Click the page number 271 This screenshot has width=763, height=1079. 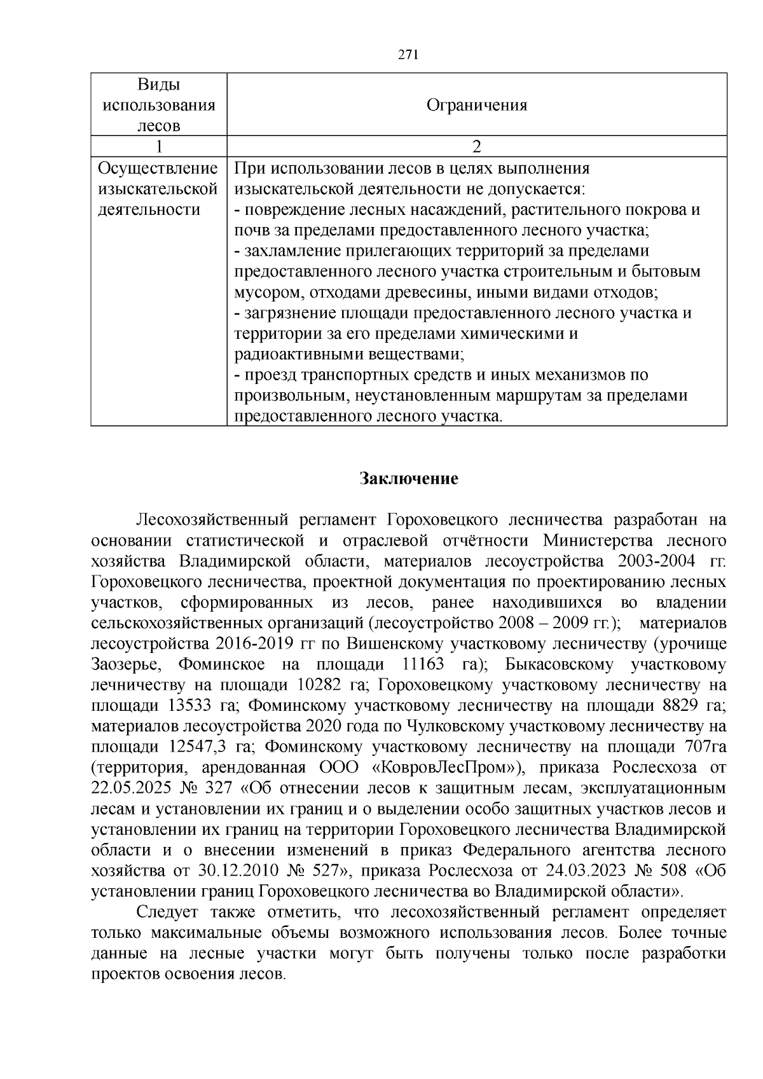(x=408, y=55)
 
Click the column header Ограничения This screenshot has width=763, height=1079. (x=476, y=105)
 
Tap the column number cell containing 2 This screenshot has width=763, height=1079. (x=477, y=147)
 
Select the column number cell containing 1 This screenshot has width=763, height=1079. (x=159, y=147)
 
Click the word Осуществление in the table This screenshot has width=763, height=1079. (x=158, y=169)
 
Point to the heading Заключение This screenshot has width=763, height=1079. (x=409, y=478)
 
